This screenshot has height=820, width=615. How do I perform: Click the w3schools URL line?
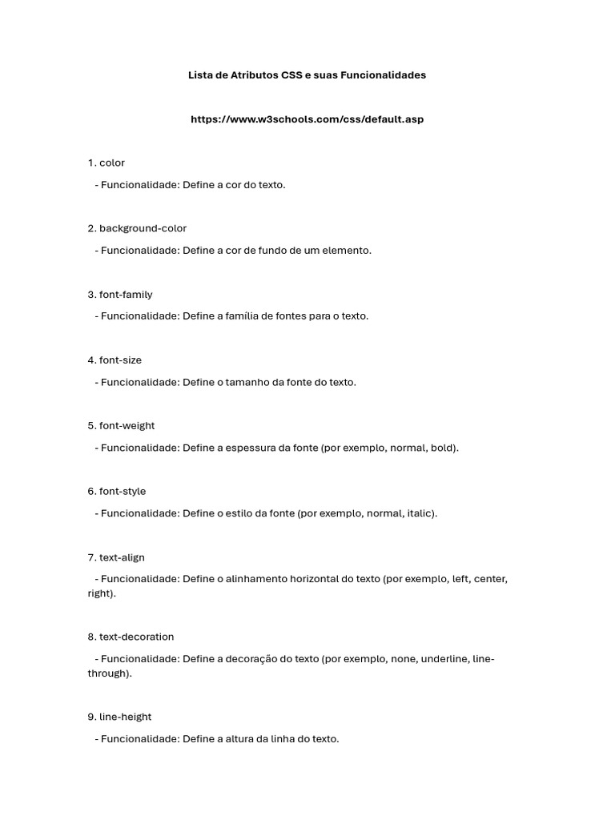[x=307, y=119]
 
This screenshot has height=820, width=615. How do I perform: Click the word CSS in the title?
[x=291, y=75]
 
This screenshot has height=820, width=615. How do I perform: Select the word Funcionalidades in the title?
[x=383, y=75]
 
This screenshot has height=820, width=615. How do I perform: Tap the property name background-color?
[x=143, y=228]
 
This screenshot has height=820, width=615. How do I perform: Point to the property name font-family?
[x=126, y=295]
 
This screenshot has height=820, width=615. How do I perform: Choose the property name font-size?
[x=120, y=360]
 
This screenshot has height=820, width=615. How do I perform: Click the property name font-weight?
[x=127, y=426]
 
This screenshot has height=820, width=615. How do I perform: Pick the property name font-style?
[x=123, y=492]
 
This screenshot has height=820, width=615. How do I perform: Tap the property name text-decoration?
[x=136, y=637]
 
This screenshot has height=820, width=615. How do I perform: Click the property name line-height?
[x=125, y=717]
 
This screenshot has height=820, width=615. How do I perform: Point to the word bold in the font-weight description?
[x=443, y=448]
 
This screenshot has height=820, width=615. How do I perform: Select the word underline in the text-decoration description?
[x=444, y=659]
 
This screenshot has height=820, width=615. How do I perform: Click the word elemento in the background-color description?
[x=348, y=251]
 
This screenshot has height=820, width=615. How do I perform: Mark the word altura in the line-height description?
[x=242, y=739]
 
